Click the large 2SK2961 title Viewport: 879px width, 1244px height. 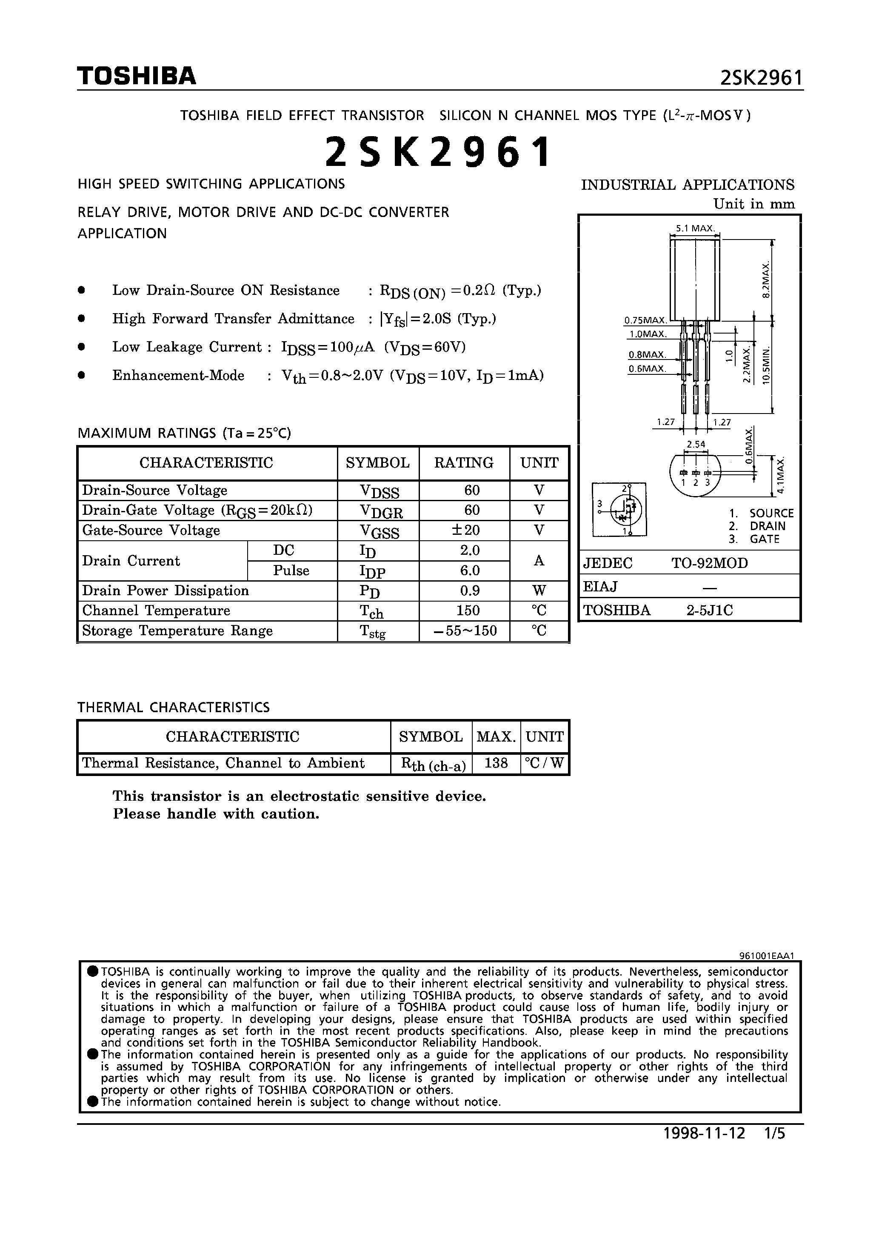point(438,152)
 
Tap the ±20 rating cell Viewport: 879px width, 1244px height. point(465,531)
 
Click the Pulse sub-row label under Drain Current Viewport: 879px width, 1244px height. point(291,571)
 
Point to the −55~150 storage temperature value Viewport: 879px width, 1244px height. point(465,631)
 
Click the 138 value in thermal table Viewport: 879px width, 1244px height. point(496,763)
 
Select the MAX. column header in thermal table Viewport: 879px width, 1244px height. point(496,737)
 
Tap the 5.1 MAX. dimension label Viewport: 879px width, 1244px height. point(695,228)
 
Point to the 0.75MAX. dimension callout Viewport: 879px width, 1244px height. point(645,321)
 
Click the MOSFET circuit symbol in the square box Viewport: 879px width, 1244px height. point(625,509)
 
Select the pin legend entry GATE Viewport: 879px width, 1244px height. point(764,539)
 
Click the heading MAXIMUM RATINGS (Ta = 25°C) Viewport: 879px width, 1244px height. point(185,433)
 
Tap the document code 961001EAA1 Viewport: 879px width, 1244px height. point(766,956)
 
